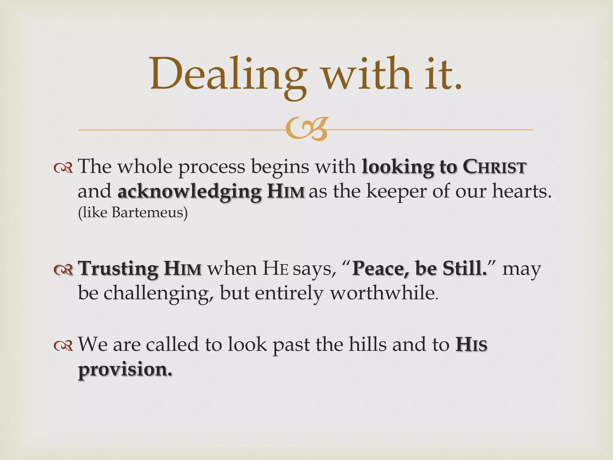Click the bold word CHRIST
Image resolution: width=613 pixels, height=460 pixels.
[x=494, y=167]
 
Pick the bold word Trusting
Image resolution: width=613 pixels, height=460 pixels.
[x=118, y=268]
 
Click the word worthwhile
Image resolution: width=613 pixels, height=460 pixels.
[x=384, y=293]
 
